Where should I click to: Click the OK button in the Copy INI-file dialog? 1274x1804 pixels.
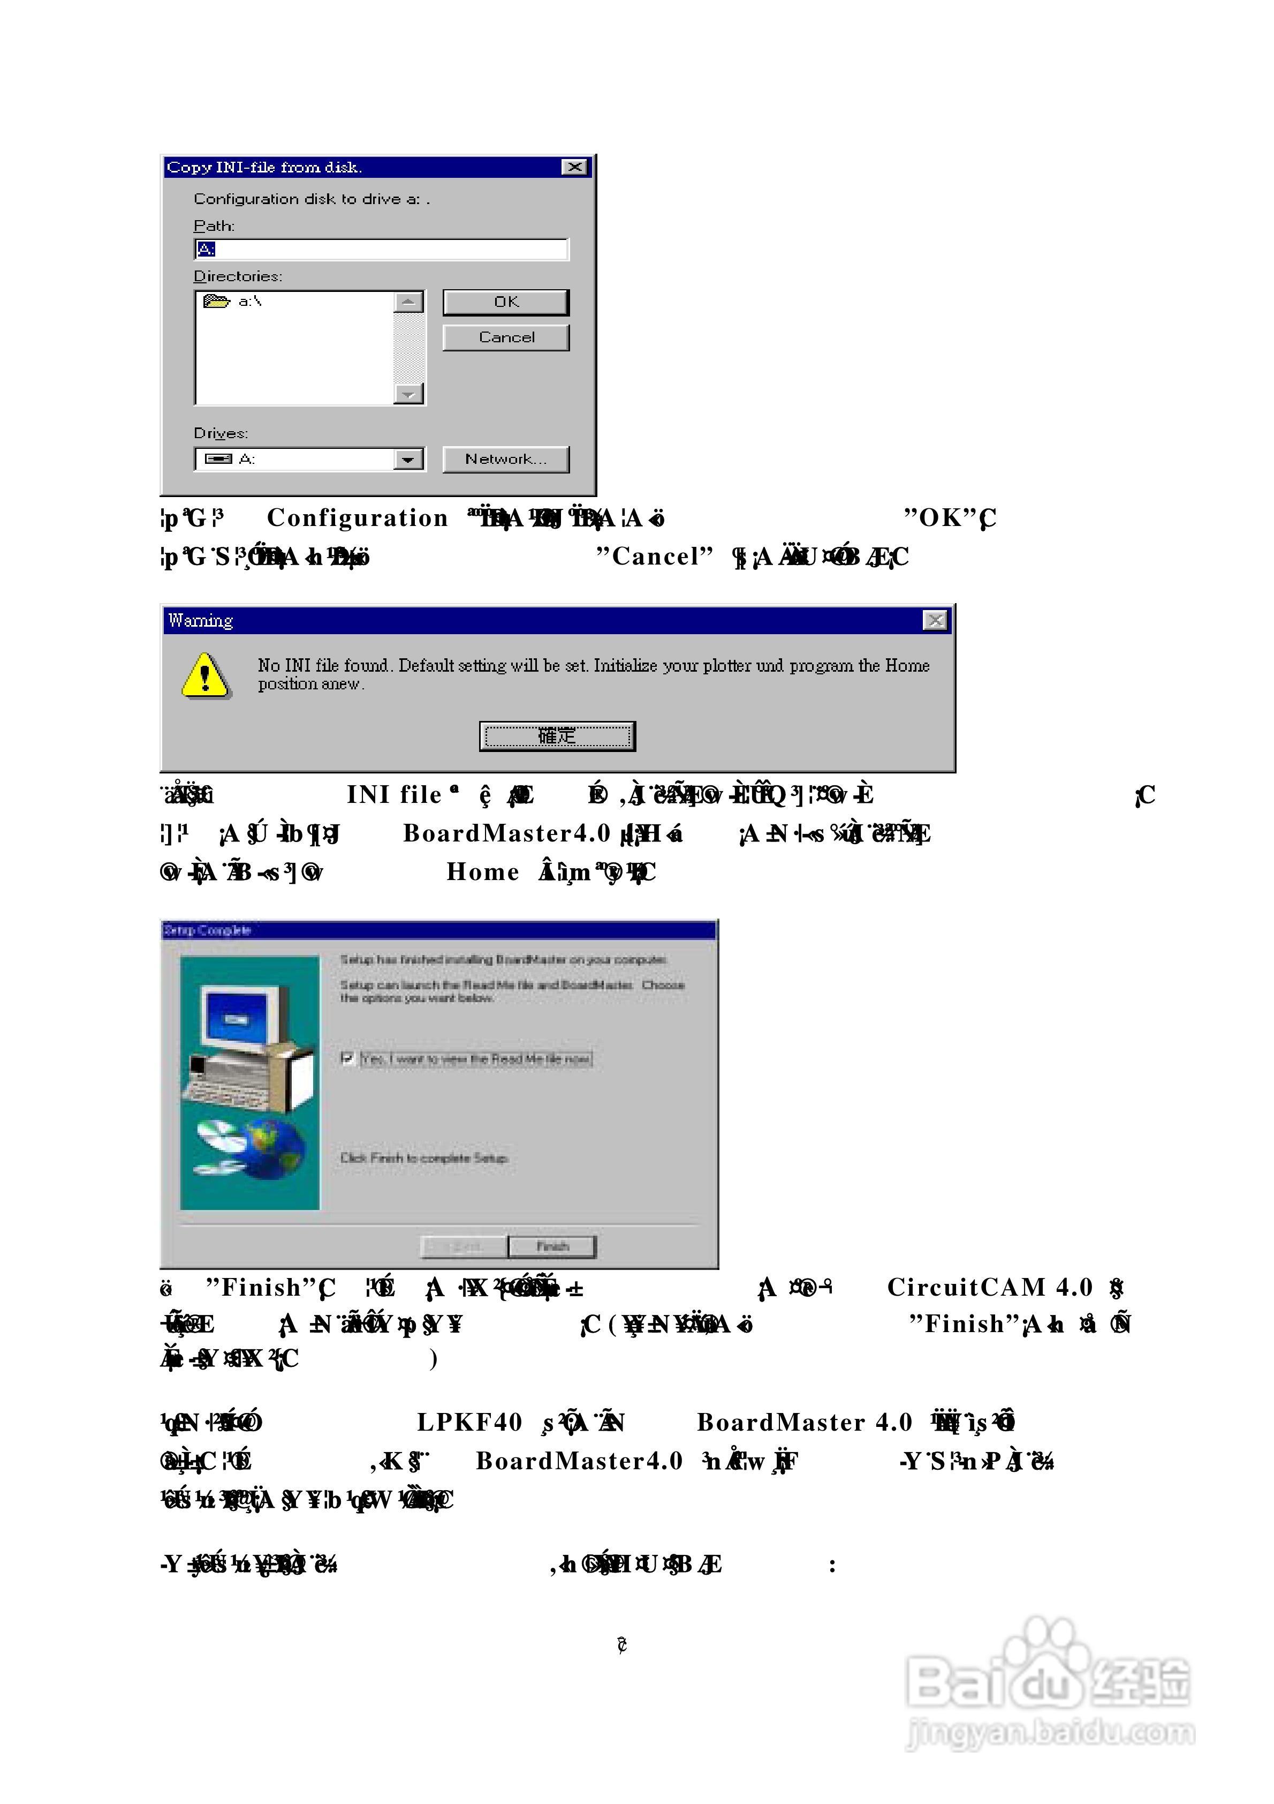pyautogui.click(x=506, y=303)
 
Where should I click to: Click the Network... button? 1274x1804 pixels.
pyautogui.click(x=506, y=460)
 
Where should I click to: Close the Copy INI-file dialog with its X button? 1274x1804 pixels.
pyautogui.click(x=575, y=167)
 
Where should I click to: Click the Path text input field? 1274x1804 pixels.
pyautogui.click(x=381, y=250)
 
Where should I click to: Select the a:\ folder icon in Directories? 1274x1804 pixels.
pyautogui.click(x=216, y=301)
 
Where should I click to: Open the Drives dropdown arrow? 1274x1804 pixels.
pyautogui.click(x=408, y=460)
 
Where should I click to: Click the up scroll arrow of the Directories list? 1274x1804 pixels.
pyautogui.click(x=408, y=302)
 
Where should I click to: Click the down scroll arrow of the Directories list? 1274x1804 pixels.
pyautogui.click(x=408, y=394)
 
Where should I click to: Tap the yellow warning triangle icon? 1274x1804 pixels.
pyautogui.click(x=205, y=676)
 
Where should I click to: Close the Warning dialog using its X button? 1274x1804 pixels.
pyautogui.click(x=935, y=621)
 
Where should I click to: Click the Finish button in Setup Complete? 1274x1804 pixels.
pyautogui.click(x=552, y=1246)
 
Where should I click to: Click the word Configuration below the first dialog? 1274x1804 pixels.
pyautogui.click(x=358, y=518)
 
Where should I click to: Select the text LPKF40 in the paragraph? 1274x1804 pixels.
pyautogui.click(x=469, y=1422)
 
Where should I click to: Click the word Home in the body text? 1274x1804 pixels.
pyautogui.click(x=482, y=872)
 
